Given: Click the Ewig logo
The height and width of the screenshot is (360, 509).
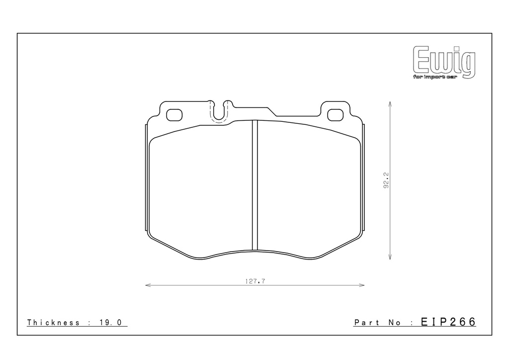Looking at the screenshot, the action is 444,63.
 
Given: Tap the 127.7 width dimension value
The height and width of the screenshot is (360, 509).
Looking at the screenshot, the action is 255,281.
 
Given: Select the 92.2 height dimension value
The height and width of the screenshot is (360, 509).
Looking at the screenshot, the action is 386,180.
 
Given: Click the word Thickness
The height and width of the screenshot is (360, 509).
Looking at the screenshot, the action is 54,322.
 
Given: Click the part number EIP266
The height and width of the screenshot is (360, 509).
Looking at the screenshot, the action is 448,322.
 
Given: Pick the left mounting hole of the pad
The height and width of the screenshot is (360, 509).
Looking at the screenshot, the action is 174,115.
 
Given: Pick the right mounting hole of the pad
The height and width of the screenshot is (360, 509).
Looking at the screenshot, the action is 336,115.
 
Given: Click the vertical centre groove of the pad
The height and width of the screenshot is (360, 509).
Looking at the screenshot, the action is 255,185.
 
